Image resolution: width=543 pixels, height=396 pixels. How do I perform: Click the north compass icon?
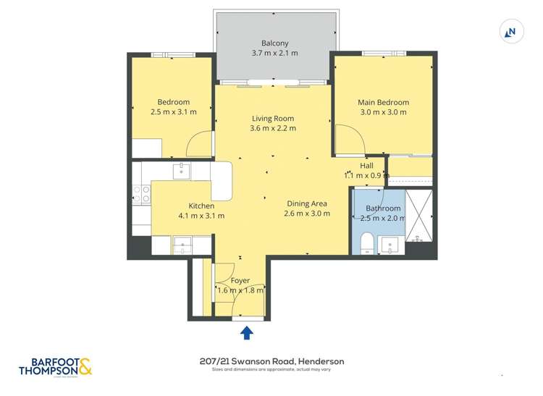tap(511, 32)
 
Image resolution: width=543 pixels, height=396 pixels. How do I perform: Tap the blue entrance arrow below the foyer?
tap(246, 332)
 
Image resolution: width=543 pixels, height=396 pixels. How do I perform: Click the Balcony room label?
tap(274, 43)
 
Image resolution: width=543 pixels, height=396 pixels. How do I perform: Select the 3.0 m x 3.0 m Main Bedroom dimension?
tap(383, 112)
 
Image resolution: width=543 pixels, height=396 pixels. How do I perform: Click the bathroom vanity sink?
tap(392, 245)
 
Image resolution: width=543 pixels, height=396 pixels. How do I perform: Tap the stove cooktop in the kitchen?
tap(141, 193)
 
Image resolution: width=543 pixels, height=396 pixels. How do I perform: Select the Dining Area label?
tap(307, 203)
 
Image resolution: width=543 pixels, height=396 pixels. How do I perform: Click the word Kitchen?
tap(201, 206)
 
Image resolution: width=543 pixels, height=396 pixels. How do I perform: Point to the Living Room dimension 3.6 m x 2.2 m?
tap(272, 129)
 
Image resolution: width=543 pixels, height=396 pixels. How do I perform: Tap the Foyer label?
tap(240, 280)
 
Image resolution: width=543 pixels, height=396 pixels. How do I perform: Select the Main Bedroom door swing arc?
tap(349, 140)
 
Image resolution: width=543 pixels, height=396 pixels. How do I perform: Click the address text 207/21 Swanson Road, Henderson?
tap(271, 361)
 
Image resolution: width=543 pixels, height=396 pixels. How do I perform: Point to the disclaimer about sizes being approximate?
tap(271, 370)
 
